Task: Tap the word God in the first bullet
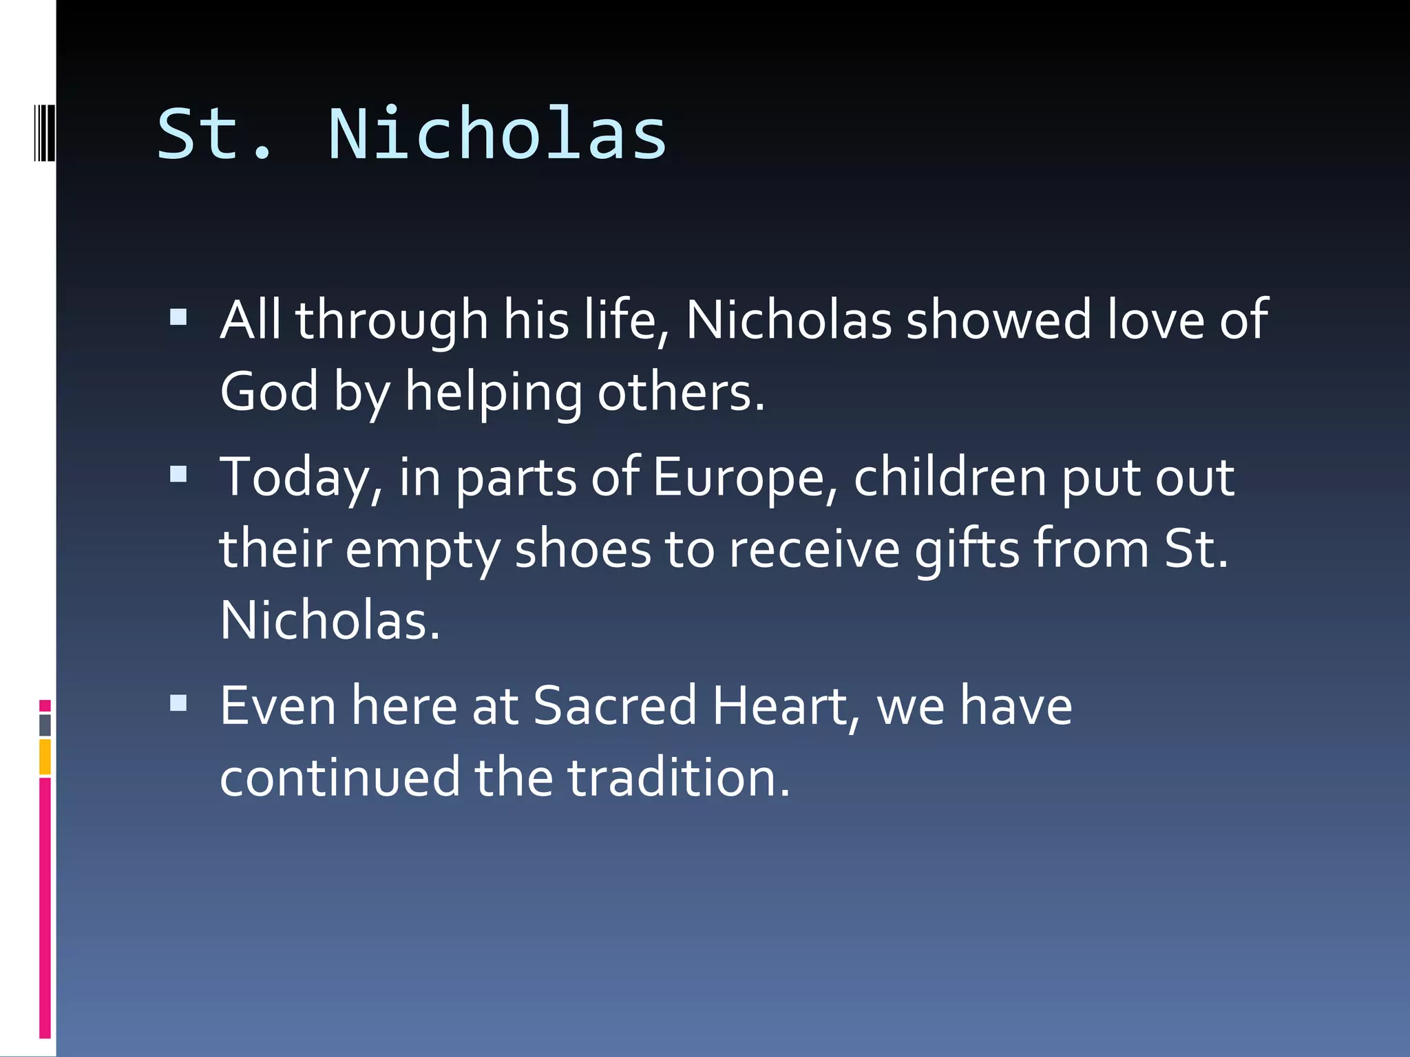[269, 392]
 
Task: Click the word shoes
[582, 549]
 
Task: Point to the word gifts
[967, 549]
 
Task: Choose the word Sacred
[615, 706]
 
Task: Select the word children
[950, 477]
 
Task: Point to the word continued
[340, 778]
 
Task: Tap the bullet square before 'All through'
[178, 317]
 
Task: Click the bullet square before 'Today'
[178, 474]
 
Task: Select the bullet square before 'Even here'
[178, 703]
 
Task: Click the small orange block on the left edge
[45, 757]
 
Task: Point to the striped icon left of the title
[44, 132]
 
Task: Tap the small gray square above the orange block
[45, 725]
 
